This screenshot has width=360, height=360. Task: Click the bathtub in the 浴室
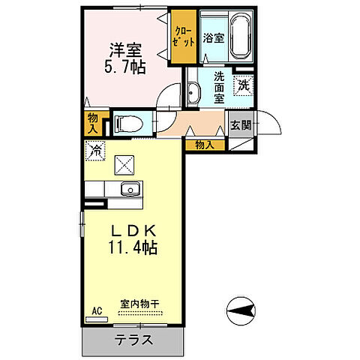(239, 37)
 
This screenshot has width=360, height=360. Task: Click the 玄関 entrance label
(240, 125)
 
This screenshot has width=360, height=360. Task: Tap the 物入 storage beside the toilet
(93, 122)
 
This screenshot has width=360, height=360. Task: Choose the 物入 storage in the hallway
(204, 144)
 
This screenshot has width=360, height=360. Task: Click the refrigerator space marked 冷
(96, 151)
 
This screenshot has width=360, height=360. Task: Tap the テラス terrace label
(134, 339)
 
